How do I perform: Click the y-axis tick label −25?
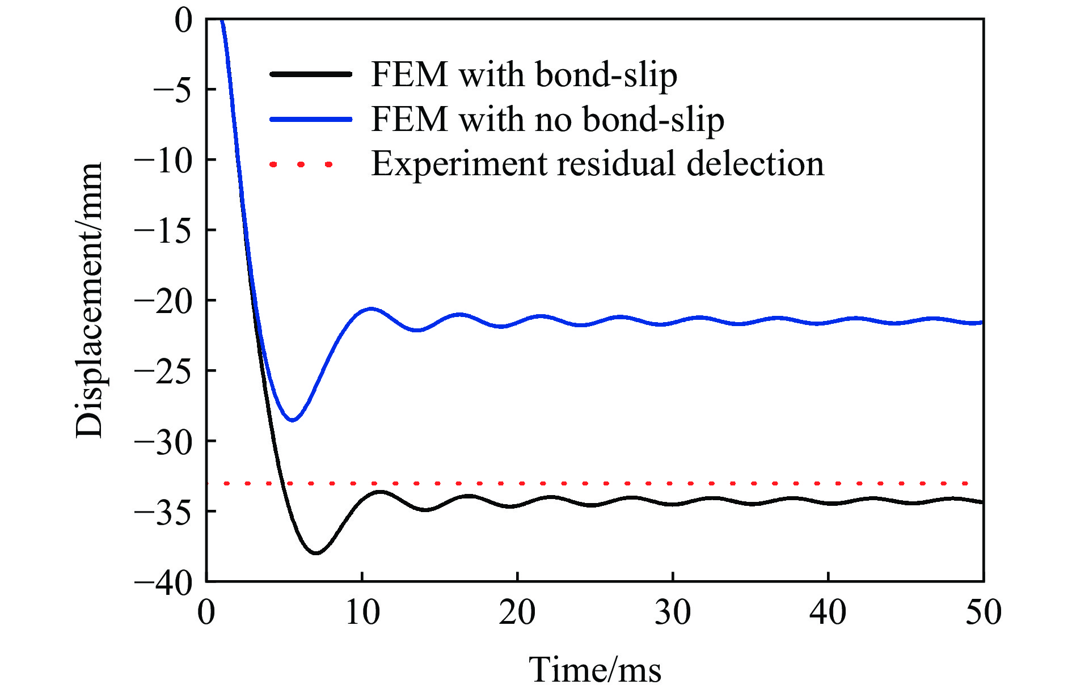click(x=163, y=371)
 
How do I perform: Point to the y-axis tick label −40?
click(x=163, y=582)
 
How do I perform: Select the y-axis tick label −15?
click(x=163, y=230)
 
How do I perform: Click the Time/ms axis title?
click(x=594, y=669)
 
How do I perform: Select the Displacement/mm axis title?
click(x=90, y=301)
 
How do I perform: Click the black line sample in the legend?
click(x=311, y=74)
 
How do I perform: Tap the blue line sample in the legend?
click(x=311, y=119)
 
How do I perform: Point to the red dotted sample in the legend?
click(x=301, y=164)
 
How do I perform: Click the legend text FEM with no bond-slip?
click(x=547, y=119)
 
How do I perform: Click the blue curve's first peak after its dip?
click(x=371, y=309)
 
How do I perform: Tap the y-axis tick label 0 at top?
click(x=184, y=21)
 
